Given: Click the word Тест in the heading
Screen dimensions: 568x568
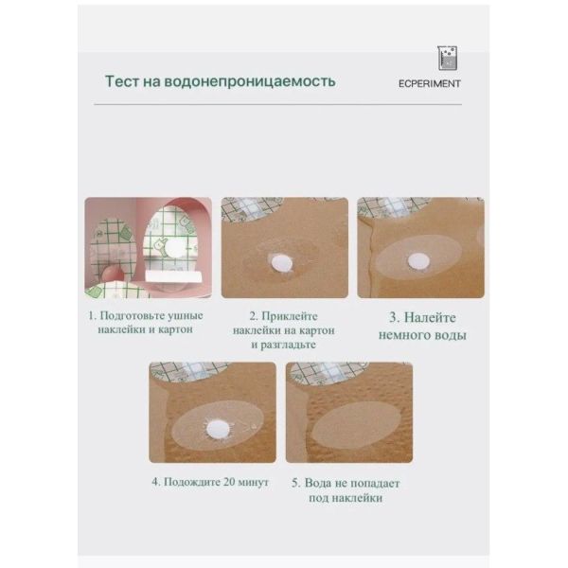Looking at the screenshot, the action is click(121, 81).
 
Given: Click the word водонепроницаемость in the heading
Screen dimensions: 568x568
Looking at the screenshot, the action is click(250, 82).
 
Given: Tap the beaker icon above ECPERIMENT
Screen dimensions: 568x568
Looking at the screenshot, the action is click(448, 59).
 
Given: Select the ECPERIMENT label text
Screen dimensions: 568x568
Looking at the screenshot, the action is click(430, 83).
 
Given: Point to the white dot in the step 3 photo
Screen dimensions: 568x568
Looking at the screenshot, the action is click(418, 261).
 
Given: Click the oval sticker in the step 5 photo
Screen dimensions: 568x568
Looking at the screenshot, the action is click(356, 425).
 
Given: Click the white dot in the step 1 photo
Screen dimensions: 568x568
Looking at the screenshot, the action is click(175, 248).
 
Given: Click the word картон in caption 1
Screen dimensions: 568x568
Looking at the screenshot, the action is click(176, 330).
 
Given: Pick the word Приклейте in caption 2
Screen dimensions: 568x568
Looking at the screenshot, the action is click(289, 316).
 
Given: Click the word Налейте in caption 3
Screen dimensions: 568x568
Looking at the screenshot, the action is click(430, 318).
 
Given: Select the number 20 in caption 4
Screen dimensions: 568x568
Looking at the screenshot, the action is click(229, 482).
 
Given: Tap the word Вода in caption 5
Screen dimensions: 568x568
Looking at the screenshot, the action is click(316, 483).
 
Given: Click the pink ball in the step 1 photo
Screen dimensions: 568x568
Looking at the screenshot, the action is click(113, 274).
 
